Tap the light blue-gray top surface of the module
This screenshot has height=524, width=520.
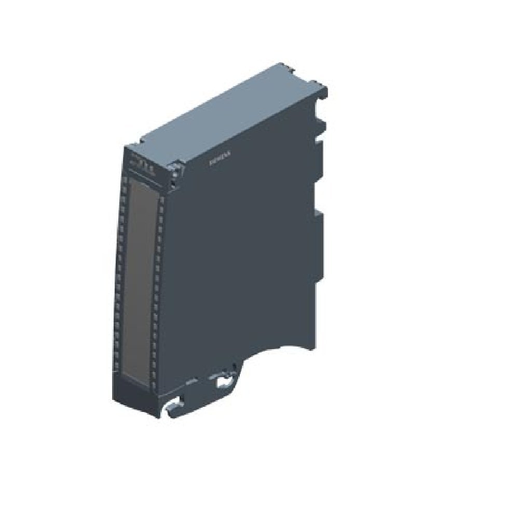click(228, 114)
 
